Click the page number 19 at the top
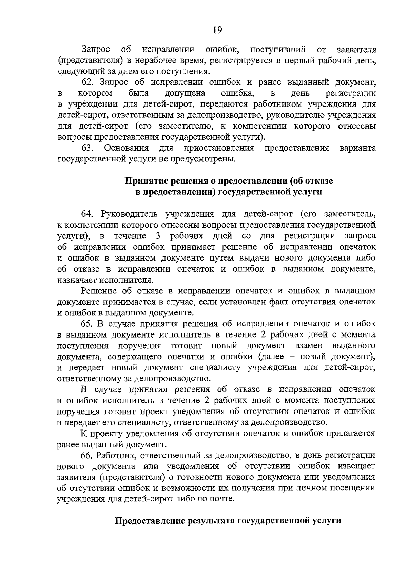coord(217,30)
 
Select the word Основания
coord(127,148)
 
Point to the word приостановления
coord(219,148)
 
